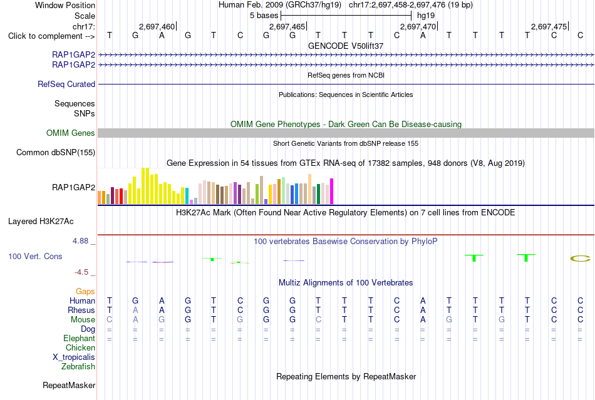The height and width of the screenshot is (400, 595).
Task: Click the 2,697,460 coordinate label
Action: pos(157,26)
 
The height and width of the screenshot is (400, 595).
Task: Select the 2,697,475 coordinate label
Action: pos(549,26)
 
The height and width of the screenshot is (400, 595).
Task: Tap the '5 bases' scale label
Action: pos(264,16)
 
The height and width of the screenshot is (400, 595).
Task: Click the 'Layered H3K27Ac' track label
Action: pos(41,222)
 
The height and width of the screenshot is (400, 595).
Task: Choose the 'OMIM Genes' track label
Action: pos(71,133)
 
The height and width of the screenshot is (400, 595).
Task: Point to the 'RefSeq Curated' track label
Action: pos(66,84)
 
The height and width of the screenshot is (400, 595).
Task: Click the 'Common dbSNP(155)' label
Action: pos(56,152)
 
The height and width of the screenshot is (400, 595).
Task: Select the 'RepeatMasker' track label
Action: pos(69,385)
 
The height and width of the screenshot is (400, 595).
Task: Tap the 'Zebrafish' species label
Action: pos(78,367)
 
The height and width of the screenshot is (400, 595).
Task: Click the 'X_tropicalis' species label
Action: pos(74,357)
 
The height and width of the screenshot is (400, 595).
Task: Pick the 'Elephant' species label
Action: pos(80,338)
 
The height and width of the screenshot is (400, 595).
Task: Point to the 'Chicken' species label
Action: pos(80,347)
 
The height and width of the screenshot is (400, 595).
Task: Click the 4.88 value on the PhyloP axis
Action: pos(80,241)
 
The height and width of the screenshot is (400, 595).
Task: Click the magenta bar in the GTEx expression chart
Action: pos(332,192)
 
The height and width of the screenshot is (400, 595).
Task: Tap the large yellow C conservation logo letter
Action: pos(581,259)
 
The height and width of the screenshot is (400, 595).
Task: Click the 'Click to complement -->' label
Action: pos(51,36)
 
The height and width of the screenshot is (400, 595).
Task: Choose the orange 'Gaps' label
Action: pos(85,291)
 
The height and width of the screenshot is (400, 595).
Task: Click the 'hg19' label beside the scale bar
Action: pos(426,16)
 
